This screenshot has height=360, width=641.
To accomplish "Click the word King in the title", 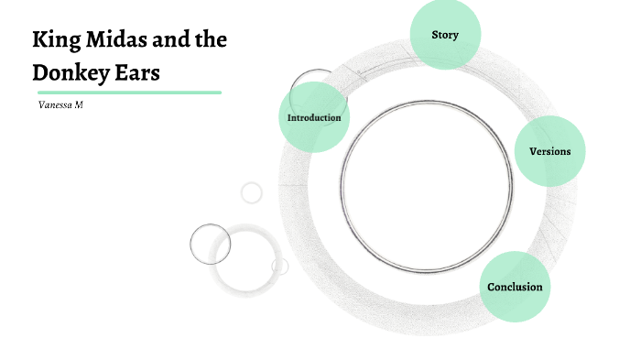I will tap(55, 40).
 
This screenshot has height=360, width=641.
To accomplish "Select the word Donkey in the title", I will tap(74, 72).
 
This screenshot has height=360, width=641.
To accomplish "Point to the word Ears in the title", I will tap(140, 72).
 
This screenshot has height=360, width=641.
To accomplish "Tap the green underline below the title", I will tap(129, 93).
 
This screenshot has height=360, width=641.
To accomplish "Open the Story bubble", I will tap(445, 36).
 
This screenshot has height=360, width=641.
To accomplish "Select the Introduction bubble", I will tap(314, 117).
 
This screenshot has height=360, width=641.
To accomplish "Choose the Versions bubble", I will tap(549, 151).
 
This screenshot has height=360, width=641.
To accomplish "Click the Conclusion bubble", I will tap(515, 287).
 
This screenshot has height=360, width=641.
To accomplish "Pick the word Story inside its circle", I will tap(445, 36).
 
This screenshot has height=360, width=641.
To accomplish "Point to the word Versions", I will tap(549, 151).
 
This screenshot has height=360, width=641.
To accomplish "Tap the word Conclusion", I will tap(515, 287).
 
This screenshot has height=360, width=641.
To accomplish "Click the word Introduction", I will tap(314, 117).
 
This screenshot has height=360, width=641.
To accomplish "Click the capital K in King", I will tap(40, 40).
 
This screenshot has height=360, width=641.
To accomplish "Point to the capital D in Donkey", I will tap(41, 72).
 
